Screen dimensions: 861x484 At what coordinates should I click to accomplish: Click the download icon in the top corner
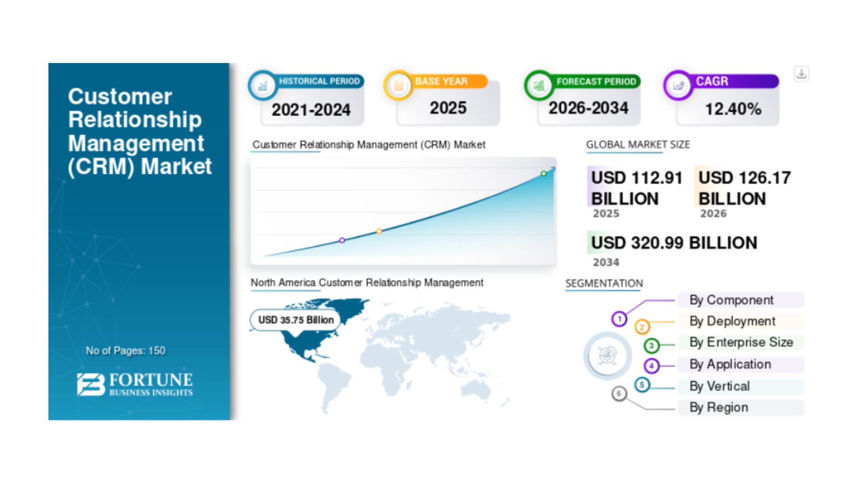coord(801,74)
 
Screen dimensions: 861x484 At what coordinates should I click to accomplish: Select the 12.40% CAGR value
coord(733,109)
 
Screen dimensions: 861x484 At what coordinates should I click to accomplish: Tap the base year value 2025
coord(448,108)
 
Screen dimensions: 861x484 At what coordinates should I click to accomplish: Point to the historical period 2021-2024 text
coord(311,110)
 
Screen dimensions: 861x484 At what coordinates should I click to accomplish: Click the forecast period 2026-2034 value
coord(588,108)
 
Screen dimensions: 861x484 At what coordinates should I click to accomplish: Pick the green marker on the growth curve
coord(544,174)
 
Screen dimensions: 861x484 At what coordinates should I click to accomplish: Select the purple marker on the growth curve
coord(342,240)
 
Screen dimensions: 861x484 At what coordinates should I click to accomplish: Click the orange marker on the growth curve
coord(379,231)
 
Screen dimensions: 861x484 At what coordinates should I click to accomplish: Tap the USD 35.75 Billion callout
coord(296,320)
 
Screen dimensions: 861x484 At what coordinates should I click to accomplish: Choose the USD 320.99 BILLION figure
coord(674,243)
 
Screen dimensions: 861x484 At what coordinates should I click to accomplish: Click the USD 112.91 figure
coord(637,178)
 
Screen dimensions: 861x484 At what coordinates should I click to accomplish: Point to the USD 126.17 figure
coord(745,178)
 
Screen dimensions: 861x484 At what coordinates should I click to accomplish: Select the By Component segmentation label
coord(731,300)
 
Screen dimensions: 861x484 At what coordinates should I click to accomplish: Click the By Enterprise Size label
coord(741,342)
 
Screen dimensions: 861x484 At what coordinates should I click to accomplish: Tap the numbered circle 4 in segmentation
coord(652,366)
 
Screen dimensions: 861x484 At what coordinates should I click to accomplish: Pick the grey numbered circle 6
coord(619,394)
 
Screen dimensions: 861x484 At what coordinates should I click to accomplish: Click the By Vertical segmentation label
coord(720,386)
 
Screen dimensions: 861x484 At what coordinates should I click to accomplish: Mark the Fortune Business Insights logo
coord(135,384)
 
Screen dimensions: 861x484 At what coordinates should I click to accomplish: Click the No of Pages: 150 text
coord(126,351)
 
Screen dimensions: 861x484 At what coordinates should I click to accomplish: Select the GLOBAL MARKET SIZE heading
coord(638,145)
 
